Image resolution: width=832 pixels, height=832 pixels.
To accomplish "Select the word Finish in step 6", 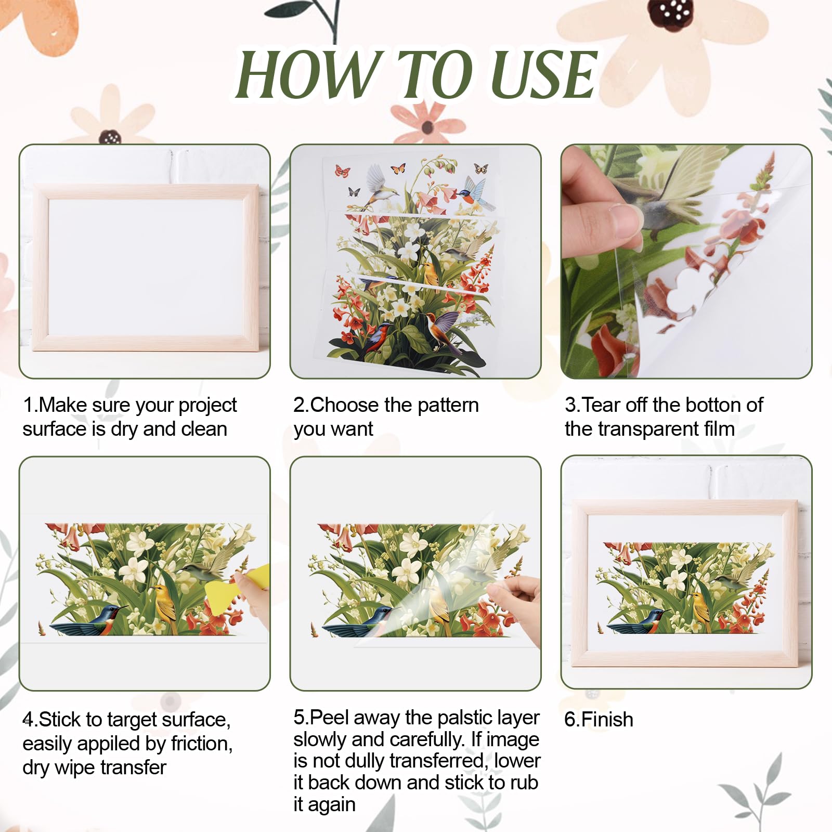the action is tap(607, 720).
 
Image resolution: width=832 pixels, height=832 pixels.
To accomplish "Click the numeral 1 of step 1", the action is tap(28, 405).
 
